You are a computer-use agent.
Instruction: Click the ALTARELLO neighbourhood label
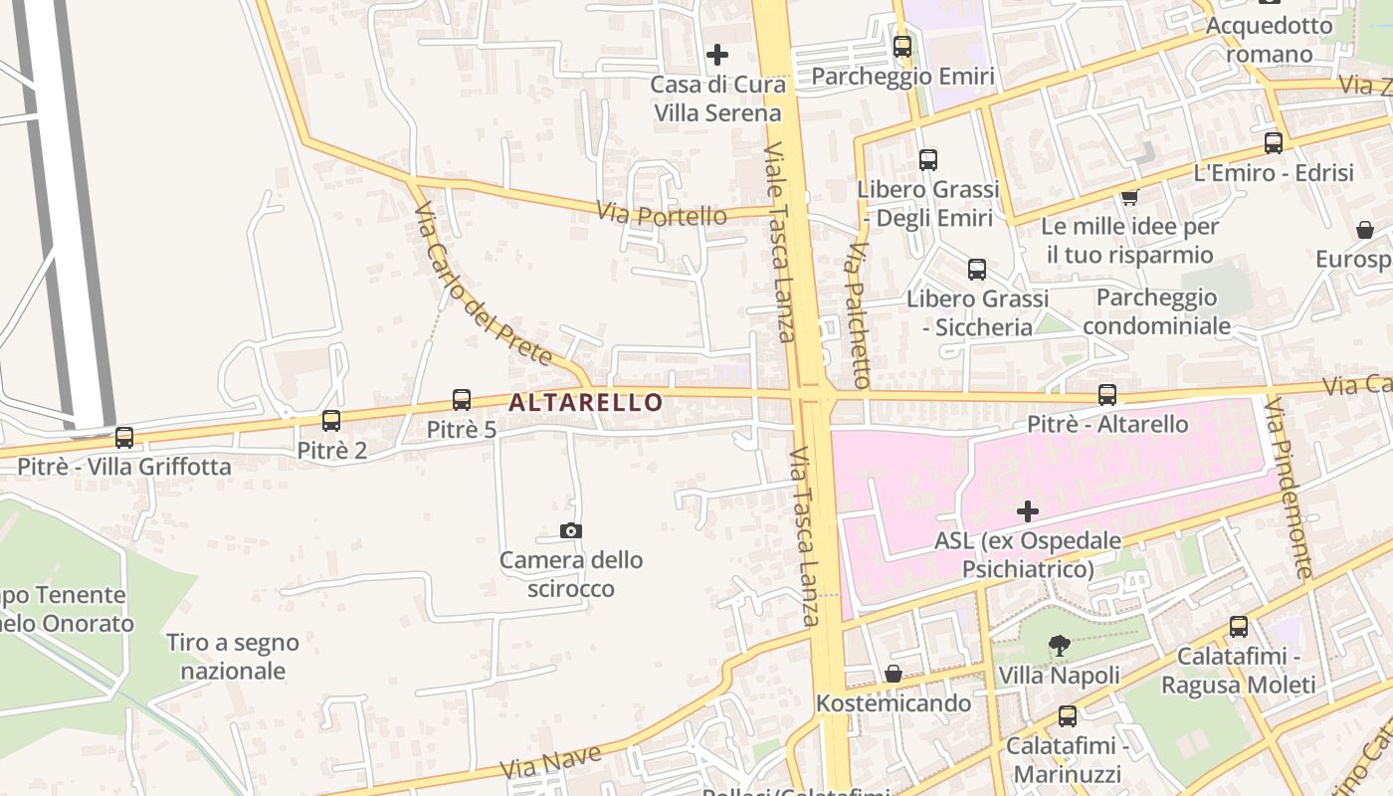pyautogui.click(x=585, y=402)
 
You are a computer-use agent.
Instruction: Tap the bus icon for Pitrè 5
pyautogui.click(x=462, y=400)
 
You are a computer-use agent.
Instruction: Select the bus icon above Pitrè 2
pyautogui.click(x=331, y=421)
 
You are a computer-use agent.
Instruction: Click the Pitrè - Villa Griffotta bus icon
pyautogui.click(x=124, y=437)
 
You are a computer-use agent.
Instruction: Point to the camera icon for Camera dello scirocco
pyautogui.click(x=571, y=531)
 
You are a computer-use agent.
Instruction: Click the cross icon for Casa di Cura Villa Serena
pyautogui.click(x=716, y=55)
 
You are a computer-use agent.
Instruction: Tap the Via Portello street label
pyautogui.click(x=662, y=214)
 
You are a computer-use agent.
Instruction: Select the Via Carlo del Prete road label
pyautogui.click(x=483, y=285)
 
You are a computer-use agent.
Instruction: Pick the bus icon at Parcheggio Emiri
pyautogui.click(x=902, y=46)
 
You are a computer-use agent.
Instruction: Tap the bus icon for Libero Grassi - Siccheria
pyautogui.click(x=977, y=269)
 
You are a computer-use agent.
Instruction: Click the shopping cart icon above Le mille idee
pyautogui.click(x=1129, y=196)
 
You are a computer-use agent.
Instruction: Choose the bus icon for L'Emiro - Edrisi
pyautogui.click(x=1274, y=142)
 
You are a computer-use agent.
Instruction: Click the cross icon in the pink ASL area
pyautogui.click(x=1028, y=512)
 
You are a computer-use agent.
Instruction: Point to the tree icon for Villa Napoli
pyautogui.click(x=1060, y=646)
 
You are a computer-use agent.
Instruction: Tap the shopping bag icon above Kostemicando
pyautogui.click(x=894, y=674)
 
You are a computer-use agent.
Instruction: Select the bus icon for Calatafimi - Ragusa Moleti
pyautogui.click(x=1239, y=627)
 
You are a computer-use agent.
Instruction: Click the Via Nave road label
pyautogui.click(x=551, y=762)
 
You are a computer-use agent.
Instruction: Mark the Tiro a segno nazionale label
pyautogui.click(x=233, y=657)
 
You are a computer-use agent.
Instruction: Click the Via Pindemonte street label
pyautogui.click(x=1290, y=489)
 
